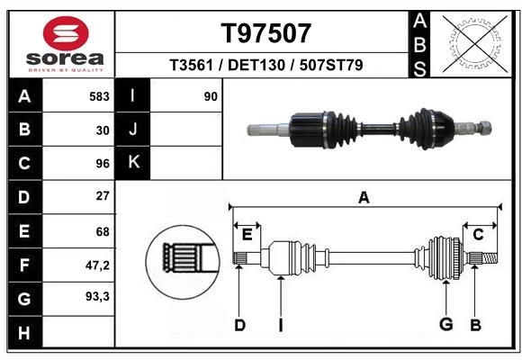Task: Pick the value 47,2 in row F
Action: pyautogui.click(x=96, y=265)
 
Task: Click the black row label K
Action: pyautogui.click(x=133, y=163)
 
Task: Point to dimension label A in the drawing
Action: pyautogui.click(x=364, y=197)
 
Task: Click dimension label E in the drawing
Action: pyautogui.click(x=247, y=234)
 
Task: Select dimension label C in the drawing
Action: pyautogui.click(x=478, y=234)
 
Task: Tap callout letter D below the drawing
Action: pyautogui.click(x=239, y=325)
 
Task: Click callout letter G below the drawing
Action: pyautogui.click(x=445, y=325)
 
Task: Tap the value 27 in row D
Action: pyautogui.click(x=102, y=196)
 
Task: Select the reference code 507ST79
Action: pyautogui.click(x=331, y=66)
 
